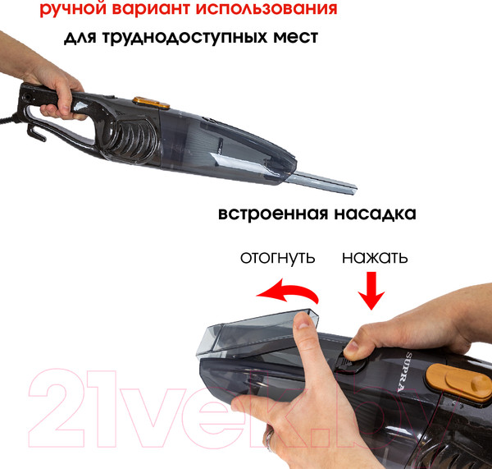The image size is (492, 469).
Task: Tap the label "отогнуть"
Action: pos(277,257)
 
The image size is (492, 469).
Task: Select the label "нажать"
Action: pos(375,257)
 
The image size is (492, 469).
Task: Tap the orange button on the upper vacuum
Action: pos(151,103)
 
